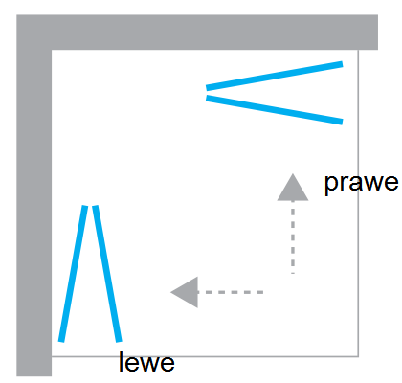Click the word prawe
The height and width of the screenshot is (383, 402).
[x=361, y=184]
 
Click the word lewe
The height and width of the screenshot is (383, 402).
[x=146, y=362]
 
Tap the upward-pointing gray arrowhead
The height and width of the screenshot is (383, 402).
[x=293, y=188]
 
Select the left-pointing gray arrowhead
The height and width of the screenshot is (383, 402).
[x=185, y=292]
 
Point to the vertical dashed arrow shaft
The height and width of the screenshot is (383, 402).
[x=293, y=237]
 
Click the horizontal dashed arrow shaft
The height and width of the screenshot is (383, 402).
[x=231, y=292]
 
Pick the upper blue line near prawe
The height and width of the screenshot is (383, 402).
[x=275, y=76]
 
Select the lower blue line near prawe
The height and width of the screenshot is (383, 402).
[x=275, y=110]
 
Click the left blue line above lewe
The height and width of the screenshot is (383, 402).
[x=73, y=274]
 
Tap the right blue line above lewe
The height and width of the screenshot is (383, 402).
[x=107, y=274]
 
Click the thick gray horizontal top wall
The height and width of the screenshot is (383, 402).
[x=197, y=33]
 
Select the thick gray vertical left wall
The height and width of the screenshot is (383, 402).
[x=34, y=195]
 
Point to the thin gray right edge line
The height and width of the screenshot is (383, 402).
[x=358, y=203]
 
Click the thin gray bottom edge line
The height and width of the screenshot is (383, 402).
[x=205, y=356]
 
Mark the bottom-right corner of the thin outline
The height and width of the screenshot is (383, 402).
[x=358, y=356]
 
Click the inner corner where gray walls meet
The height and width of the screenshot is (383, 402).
[x=52, y=50]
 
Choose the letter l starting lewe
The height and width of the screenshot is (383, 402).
[x=121, y=361]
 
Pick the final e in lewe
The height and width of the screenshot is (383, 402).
[x=167, y=364]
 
